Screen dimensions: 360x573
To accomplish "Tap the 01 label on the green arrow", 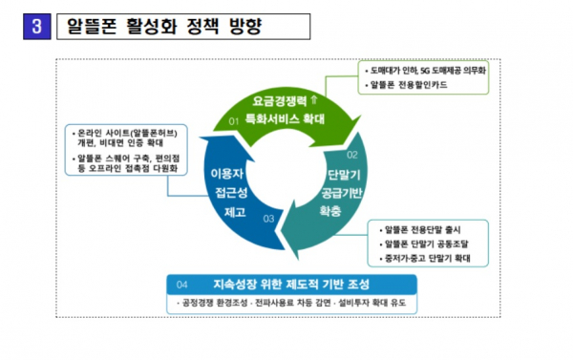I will pos(235,121).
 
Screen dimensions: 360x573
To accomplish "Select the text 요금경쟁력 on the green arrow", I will pos(286,99).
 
